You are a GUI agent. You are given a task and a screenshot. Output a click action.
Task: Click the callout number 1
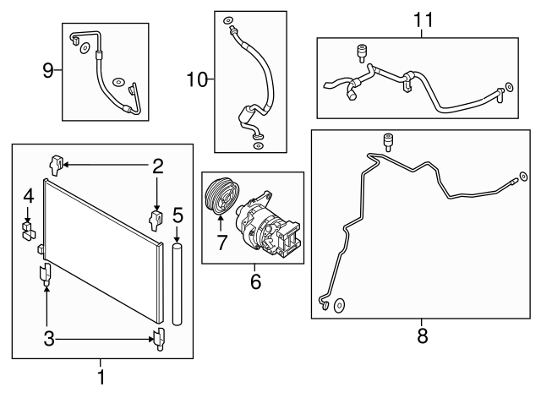point(102,376)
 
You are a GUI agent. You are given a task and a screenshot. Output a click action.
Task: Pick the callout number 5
point(177,215)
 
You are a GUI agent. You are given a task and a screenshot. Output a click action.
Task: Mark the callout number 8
point(423,335)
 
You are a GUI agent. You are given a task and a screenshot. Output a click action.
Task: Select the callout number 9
point(48,70)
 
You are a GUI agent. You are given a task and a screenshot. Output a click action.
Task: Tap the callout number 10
point(196,80)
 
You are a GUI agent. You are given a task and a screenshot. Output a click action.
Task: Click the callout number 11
point(421,19)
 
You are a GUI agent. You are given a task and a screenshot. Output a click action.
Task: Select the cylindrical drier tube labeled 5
point(177,283)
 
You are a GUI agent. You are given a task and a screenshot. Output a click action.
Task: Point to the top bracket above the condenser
point(57,162)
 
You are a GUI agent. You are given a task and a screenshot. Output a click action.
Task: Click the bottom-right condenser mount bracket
point(157,339)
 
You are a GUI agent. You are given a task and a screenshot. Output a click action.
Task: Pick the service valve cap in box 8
point(391,139)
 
